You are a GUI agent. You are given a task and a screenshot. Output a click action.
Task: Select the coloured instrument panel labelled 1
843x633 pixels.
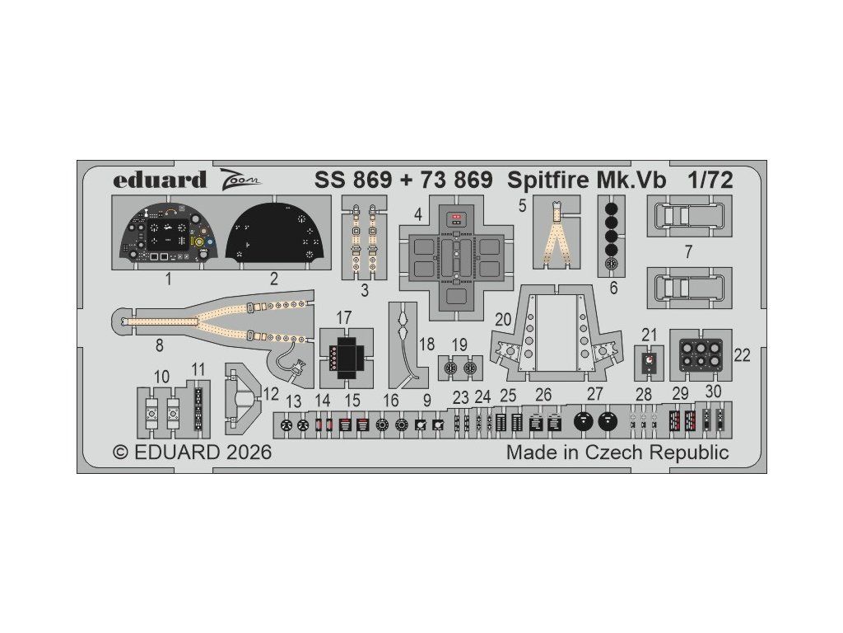168,233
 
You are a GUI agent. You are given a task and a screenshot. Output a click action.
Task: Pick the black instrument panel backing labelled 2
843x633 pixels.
274,233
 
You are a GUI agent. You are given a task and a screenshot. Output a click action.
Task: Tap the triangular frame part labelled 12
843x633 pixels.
245,397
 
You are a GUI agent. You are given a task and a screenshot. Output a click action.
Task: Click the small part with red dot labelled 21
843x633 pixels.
650,360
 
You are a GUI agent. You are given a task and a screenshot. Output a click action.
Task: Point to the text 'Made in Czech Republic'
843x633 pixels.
617,452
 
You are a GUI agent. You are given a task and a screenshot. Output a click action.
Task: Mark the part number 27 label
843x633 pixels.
594,395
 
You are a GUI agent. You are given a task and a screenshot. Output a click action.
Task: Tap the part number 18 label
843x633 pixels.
426,345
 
